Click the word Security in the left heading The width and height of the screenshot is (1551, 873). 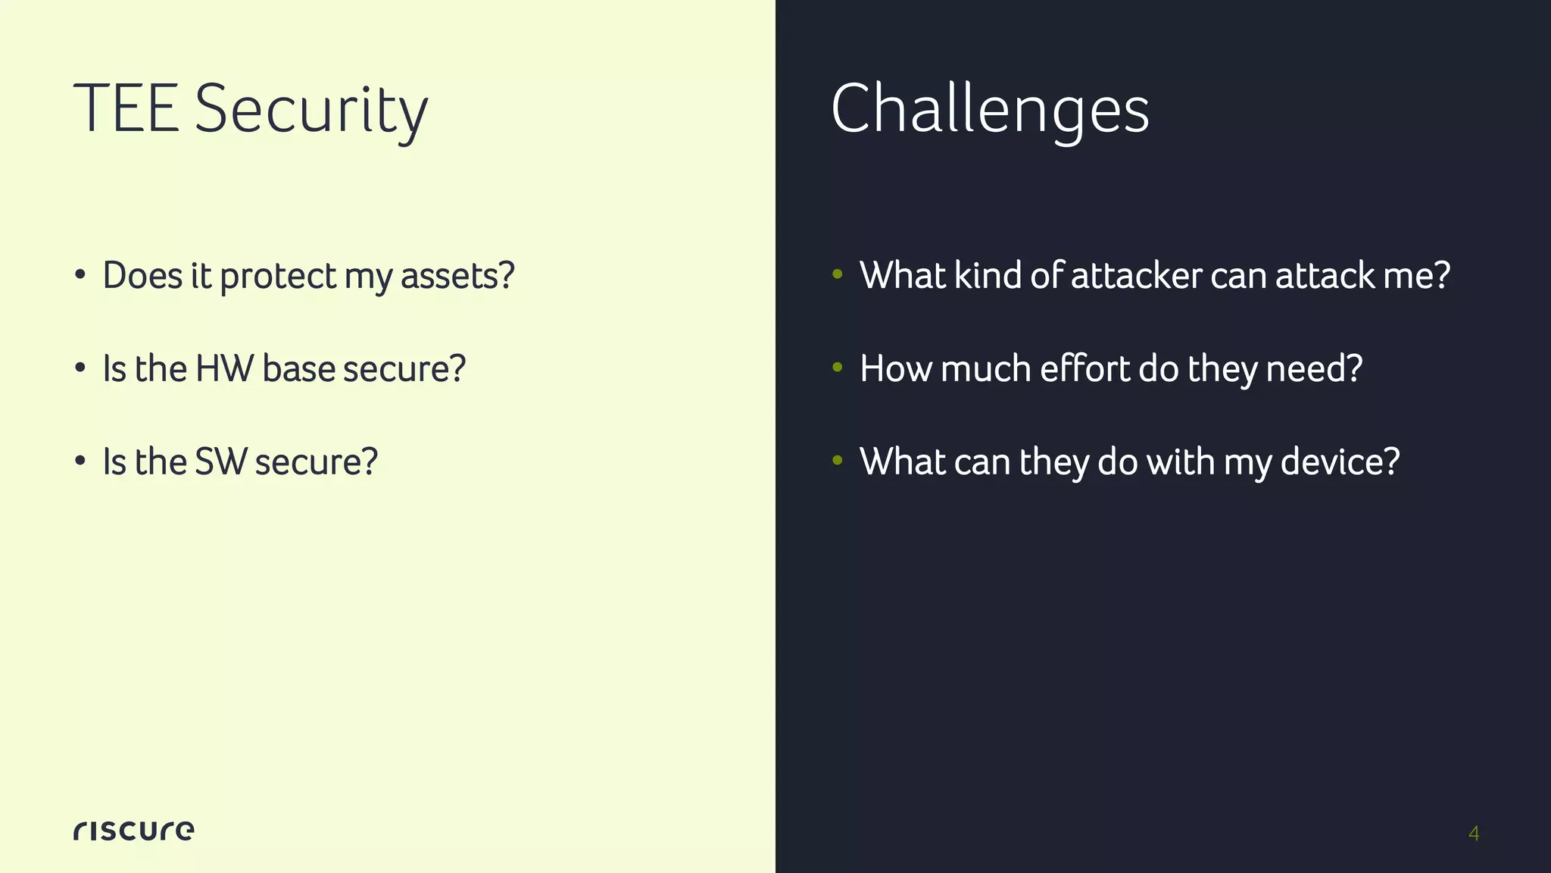pyautogui.click(x=311, y=111)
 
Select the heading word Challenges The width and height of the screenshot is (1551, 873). pyautogui.click(x=990, y=110)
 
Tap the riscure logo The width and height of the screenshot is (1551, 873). pyautogui.click(x=133, y=830)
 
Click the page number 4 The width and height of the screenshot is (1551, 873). pyautogui.click(x=1473, y=834)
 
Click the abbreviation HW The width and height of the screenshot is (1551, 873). pyautogui.click(x=224, y=369)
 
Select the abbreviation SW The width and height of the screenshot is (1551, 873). pyautogui.click(x=220, y=462)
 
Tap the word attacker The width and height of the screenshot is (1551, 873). pyautogui.click(x=1136, y=275)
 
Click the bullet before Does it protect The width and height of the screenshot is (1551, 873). pyautogui.click(x=80, y=275)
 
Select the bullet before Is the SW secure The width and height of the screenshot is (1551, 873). pyautogui.click(x=80, y=462)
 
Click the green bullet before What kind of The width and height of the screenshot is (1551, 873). pyautogui.click(x=837, y=274)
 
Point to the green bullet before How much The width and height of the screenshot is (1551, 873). pyautogui.click(x=837, y=368)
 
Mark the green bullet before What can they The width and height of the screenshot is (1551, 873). pyautogui.click(x=837, y=461)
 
